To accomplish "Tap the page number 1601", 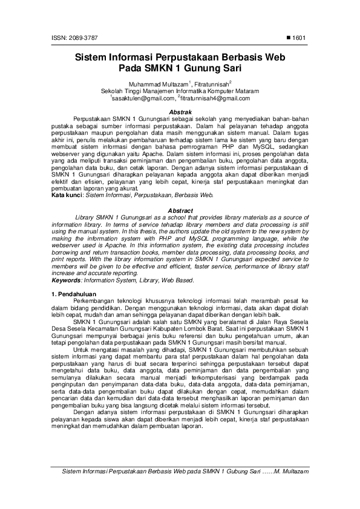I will pos(301,38).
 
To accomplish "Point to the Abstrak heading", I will pos(180,112).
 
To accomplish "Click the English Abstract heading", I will pos(180,210).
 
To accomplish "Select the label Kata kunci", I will pos(67,196).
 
